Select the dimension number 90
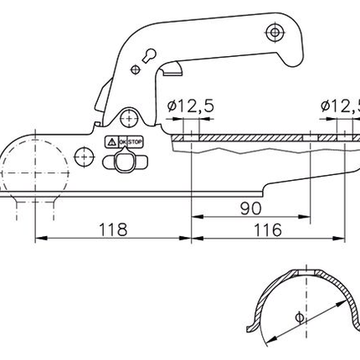point(250,206)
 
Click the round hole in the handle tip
point(272,32)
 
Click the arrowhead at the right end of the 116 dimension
point(349,239)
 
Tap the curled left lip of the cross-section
point(252,327)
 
